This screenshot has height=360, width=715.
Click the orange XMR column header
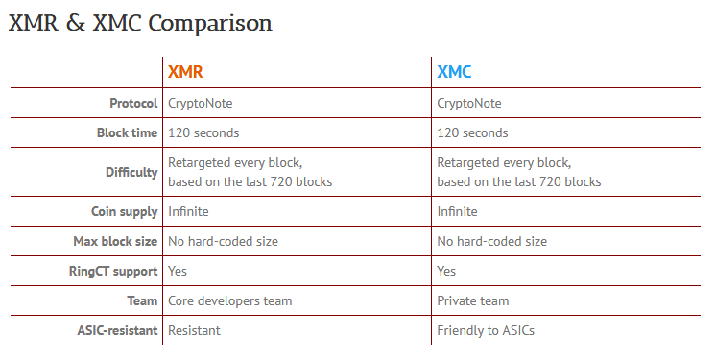(185, 72)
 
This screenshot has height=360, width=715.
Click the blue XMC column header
(454, 72)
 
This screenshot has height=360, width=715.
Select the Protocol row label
(133, 103)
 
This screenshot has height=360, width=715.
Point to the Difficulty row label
(131, 173)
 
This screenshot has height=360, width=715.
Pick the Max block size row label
(115, 241)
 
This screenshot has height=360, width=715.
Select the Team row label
(142, 300)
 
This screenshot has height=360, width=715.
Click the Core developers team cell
(229, 300)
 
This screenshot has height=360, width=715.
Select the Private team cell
(472, 300)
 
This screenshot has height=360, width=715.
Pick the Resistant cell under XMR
(194, 330)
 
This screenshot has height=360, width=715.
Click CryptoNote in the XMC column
(468, 103)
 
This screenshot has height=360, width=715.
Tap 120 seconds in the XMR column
(203, 132)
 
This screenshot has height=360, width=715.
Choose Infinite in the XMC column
(457, 211)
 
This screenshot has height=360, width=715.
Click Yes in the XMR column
(179, 271)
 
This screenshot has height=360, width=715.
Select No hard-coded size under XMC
(491, 241)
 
